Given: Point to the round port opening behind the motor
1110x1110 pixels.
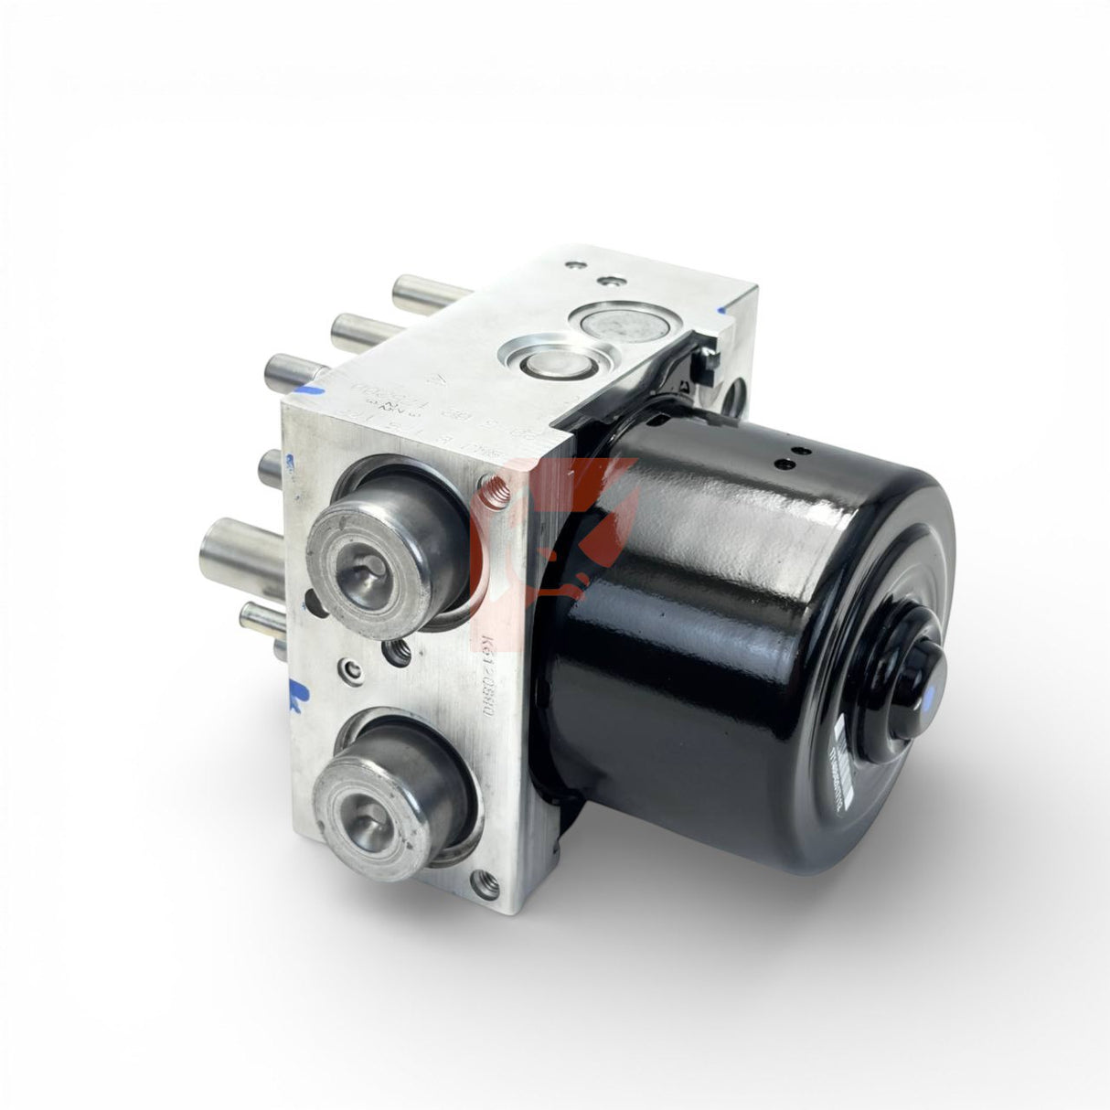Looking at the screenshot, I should [x=734, y=399].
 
